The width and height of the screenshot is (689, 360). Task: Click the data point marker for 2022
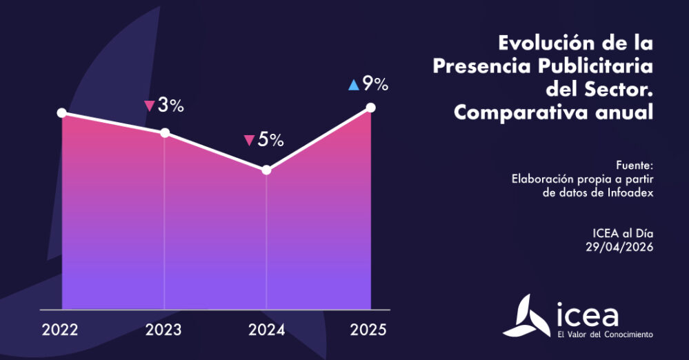(62, 112)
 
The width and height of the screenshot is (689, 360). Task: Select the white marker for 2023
(165, 132)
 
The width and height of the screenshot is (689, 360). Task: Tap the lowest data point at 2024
(267, 170)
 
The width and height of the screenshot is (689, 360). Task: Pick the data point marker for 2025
(370, 107)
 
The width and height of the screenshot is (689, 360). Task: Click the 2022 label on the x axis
(60, 330)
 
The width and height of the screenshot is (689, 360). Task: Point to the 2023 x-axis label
(163, 330)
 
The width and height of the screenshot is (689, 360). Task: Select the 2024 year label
(266, 330)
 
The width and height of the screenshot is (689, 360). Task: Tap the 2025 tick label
(369, 330)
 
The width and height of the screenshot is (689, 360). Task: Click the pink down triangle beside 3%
(148, 106)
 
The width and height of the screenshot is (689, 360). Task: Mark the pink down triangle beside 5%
(249, 141)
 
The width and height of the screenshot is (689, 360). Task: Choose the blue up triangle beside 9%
(353, 86)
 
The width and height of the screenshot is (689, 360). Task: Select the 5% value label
(271, 140)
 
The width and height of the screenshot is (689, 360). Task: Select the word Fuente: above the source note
(635, 165)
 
